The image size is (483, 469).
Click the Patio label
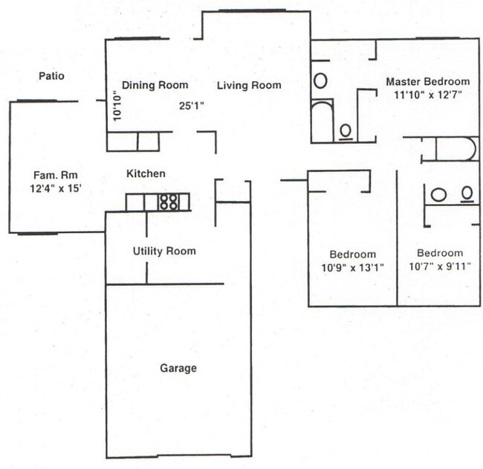tap(51, 76)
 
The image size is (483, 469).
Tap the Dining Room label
tap(154, 85)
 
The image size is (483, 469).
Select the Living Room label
tap(249, 86)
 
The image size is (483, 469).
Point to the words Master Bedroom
tap(427, 81)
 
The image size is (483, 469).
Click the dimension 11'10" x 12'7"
tap(427, 94)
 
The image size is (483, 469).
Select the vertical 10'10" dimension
tap(117, 105)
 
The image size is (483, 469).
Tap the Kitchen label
tap(146, 173)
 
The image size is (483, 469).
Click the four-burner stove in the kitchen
tap(168, 202)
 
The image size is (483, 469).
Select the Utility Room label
tap(164, 251)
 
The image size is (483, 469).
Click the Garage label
tap(178, 368)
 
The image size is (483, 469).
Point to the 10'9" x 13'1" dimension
tap(353, 267)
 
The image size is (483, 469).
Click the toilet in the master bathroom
tap(346, 131)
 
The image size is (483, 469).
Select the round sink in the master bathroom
tap(321, 80)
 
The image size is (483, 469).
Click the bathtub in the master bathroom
tap(322, 122)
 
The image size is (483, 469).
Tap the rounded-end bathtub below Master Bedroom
tap(456, 148)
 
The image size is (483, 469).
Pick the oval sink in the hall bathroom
tap(438, 194)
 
